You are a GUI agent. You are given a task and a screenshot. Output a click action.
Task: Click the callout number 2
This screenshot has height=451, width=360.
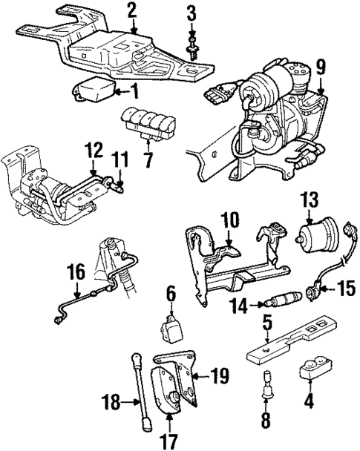coord(132,10)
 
